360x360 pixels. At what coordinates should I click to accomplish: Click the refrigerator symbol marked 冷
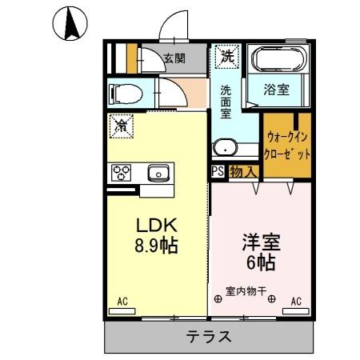pos(122,126)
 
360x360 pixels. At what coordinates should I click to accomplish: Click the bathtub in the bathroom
pos(276,61)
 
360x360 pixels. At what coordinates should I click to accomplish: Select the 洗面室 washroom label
pos(226,101)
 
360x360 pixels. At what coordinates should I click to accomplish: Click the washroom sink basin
pos(227,148)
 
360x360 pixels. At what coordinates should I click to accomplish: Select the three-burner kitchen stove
pos(122,173)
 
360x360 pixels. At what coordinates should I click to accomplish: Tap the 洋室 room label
pos(259,241)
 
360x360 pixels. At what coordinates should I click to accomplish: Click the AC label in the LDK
pos(122,302)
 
